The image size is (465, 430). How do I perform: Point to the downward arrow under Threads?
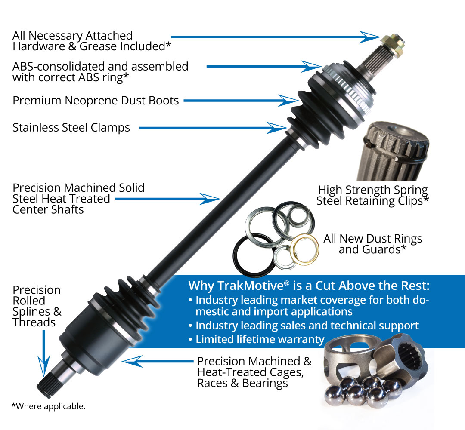pos(43,365)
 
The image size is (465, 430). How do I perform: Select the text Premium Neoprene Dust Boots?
pos(96,101)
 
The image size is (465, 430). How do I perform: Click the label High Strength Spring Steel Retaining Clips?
pos(373,195)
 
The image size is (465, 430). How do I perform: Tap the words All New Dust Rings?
pos(373,239)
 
